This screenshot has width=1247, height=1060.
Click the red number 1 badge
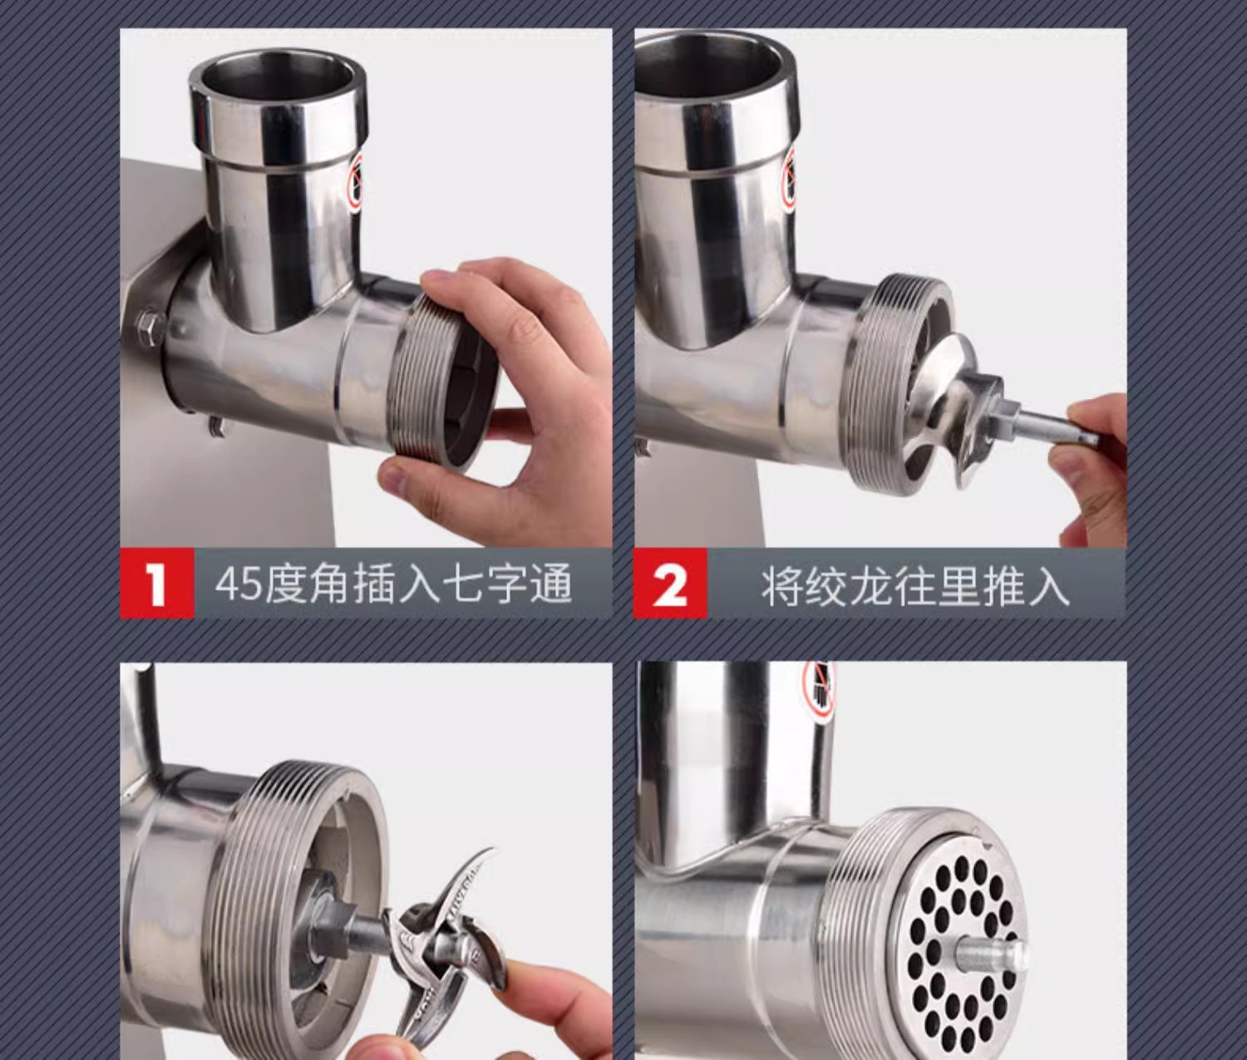[157, 583]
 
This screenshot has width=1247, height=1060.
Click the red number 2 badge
[670, 583]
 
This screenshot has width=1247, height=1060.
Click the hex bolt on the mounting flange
[150, 328]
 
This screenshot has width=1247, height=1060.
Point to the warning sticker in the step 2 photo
[789, 182]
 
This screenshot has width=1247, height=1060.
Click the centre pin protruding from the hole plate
[989, 955]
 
